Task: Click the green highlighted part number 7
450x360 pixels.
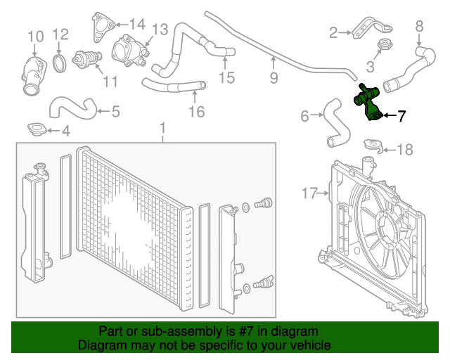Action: pyautogui.click(x=368, y=103)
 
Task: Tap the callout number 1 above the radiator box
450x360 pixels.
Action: pyautogui.click(x=162, y=129)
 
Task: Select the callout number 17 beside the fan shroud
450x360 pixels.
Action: pyautogui.click(x=310, y=192)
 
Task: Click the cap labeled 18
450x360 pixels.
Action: pyautogui.click(x=373, y=146)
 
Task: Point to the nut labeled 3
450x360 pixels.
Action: pyautogui.click(x=384, y=46)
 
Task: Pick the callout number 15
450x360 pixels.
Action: pyautogui.click(x=226, y=77)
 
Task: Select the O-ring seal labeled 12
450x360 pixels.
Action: pyautogui.click(x=60, y=63)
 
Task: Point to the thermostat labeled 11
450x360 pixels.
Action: pyautogui.click(x=87, y=58)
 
